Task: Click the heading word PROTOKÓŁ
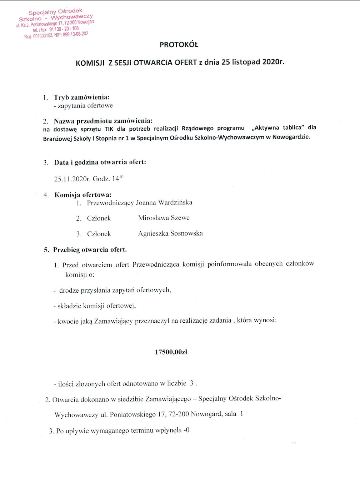tap(179, 45)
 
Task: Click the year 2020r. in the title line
tap(273, 61)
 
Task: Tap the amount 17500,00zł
tap(171, 352)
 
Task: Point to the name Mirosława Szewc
tap(164, 218)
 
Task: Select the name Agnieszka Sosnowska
tap(170, 233)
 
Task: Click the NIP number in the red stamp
tap(75, 35)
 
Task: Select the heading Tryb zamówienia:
tap(82, 97)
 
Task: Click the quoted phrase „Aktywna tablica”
tap(275, 128)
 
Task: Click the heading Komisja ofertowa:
tap(83, 195)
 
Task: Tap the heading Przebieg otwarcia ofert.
tap(90, 249)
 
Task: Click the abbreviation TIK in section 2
tap(109, 129)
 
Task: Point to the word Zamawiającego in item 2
tap(167, 399)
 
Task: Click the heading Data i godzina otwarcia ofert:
tap(100, 162)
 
